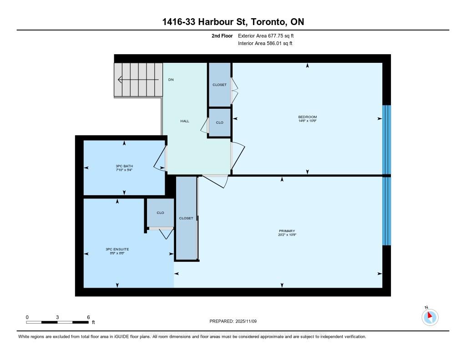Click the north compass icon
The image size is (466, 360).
[430, 317]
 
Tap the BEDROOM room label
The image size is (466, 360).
[307, 117]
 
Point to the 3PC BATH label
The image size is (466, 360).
[124, 166]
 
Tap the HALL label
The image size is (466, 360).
[185, 121]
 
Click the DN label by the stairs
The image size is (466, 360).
[171, 80]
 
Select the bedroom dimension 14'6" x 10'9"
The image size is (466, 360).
[307, 121]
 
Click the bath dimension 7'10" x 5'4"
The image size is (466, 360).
[124, 170]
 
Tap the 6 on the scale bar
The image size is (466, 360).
[88, 317]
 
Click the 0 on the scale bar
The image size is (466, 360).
[27, 317]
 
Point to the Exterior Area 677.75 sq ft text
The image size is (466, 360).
[269, 35]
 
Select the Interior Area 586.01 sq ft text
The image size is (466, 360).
[265, 44]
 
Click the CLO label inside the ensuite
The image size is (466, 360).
[160, 213]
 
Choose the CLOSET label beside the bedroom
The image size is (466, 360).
[219, 85]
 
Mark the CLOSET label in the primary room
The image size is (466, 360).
[186, 218]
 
